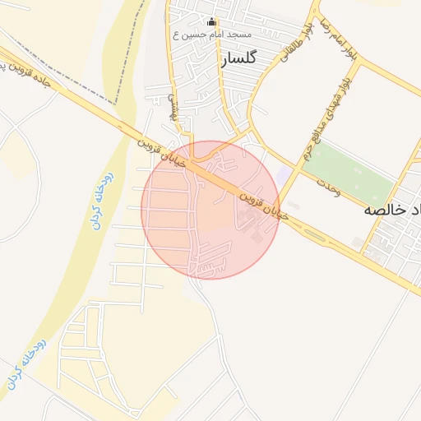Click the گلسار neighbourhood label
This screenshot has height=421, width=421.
[239, 58]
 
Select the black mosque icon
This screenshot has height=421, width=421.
[212, 22]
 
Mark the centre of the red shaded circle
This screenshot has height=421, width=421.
[210, 210]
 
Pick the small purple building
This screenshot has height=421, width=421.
[284, 175]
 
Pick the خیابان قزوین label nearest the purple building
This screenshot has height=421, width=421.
[265, 206]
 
